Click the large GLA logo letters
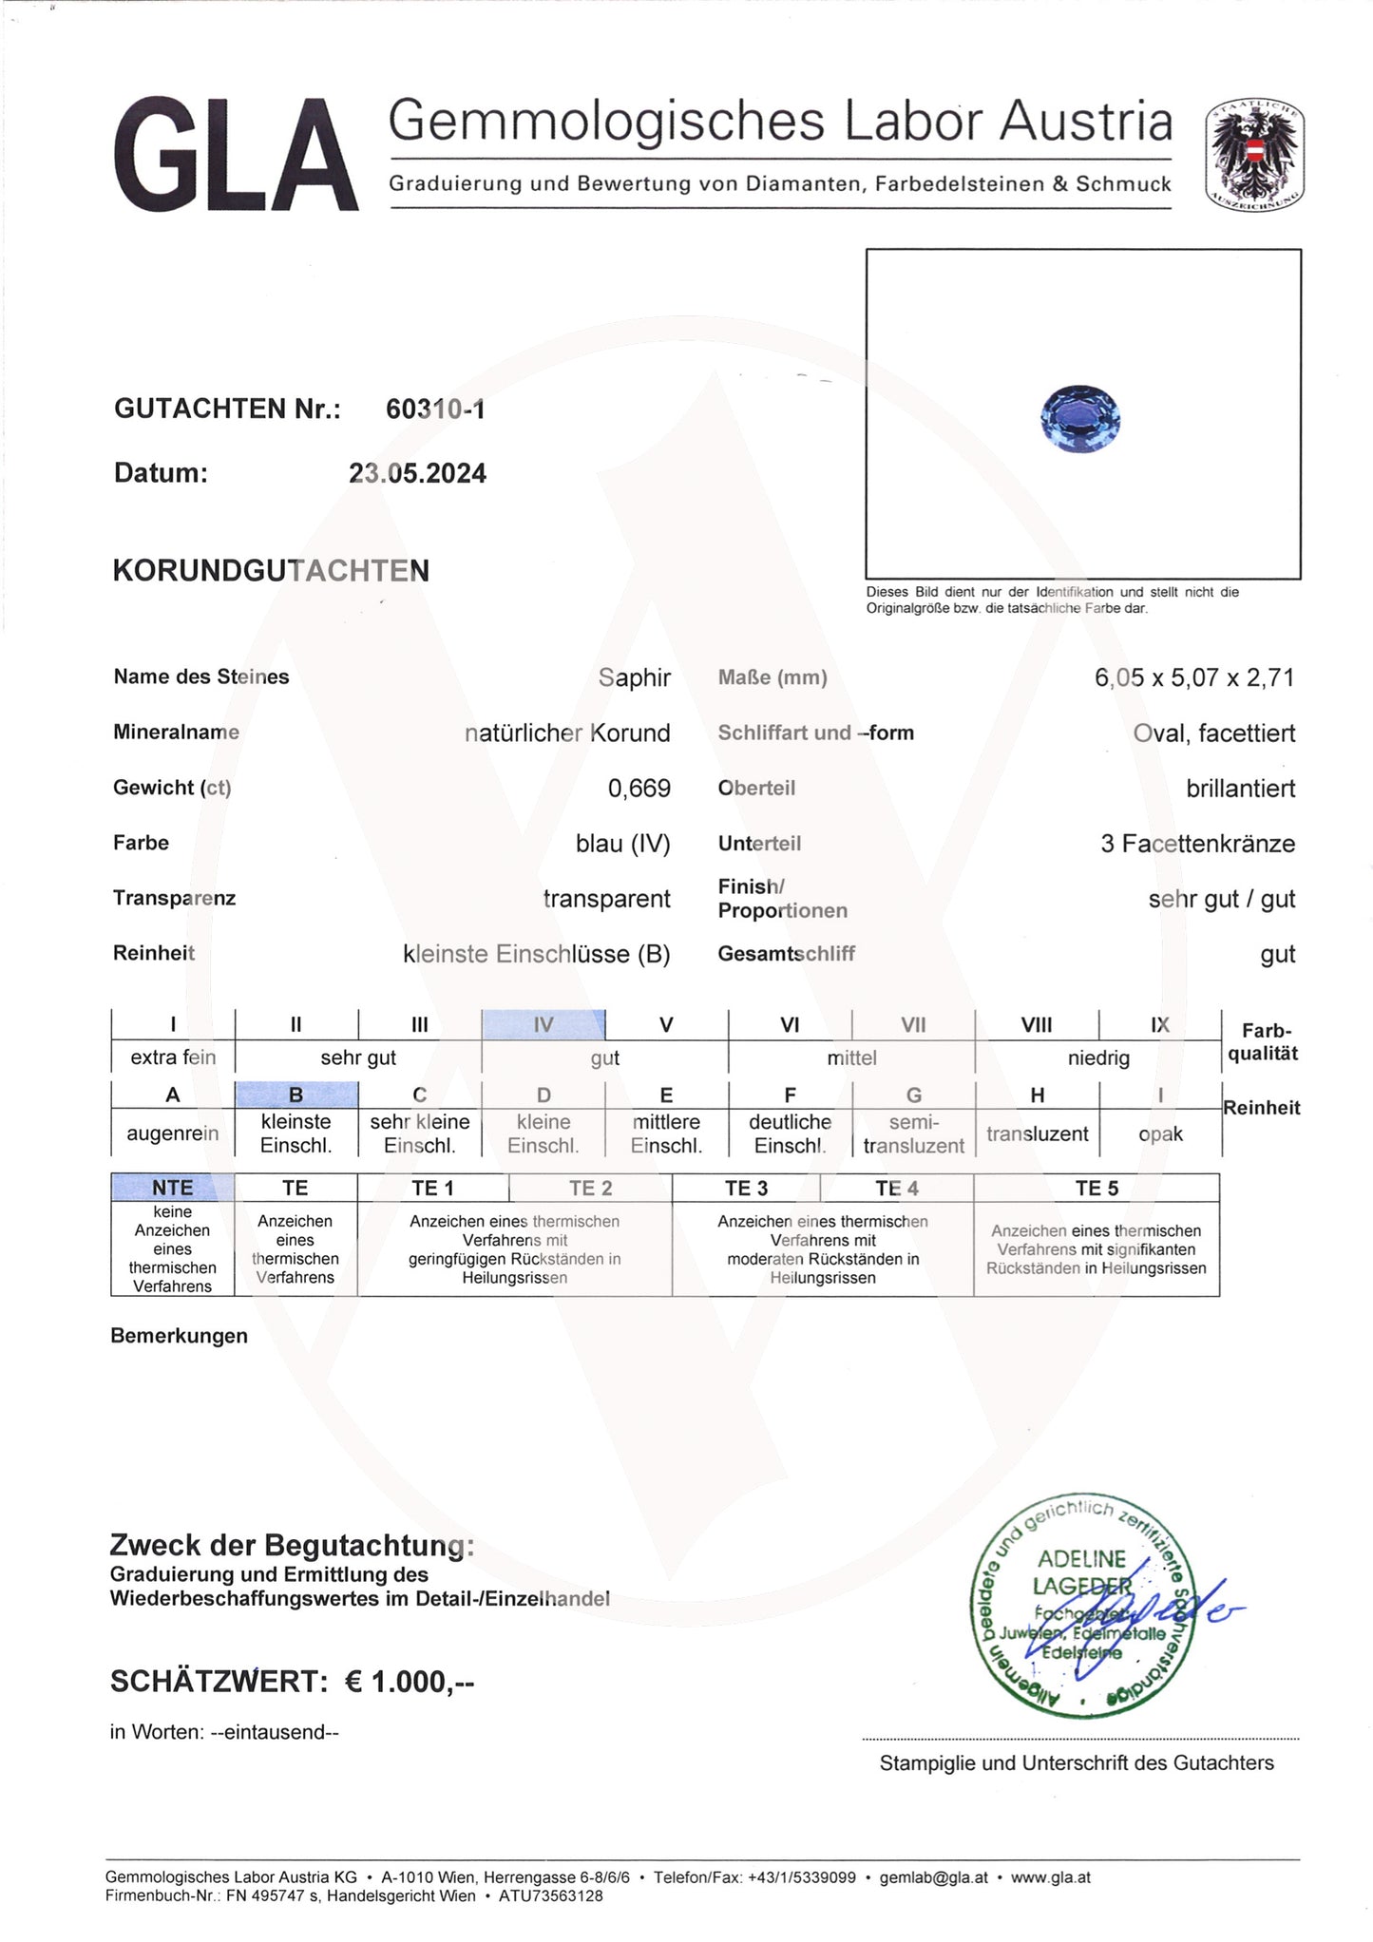point(236,156)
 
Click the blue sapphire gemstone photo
point(1080,417)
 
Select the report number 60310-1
point(435,409)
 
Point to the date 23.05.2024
point(417,473)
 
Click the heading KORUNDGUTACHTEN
point(271,571)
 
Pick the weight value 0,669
point(639,789)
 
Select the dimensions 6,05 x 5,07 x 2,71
point(1193,678)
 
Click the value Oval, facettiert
point(1213,733)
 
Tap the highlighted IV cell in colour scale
point(543,1025)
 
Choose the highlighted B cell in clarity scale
point(296,1095)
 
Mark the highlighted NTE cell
point(172,1188)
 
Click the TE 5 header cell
point(1096,1189)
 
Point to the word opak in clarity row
point(1160,1134)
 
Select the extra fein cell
point(173,1057)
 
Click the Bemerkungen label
point(179,1336)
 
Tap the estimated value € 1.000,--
point(409,1682)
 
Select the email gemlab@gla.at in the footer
point(933,1877)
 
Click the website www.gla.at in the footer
point(1050,1877)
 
